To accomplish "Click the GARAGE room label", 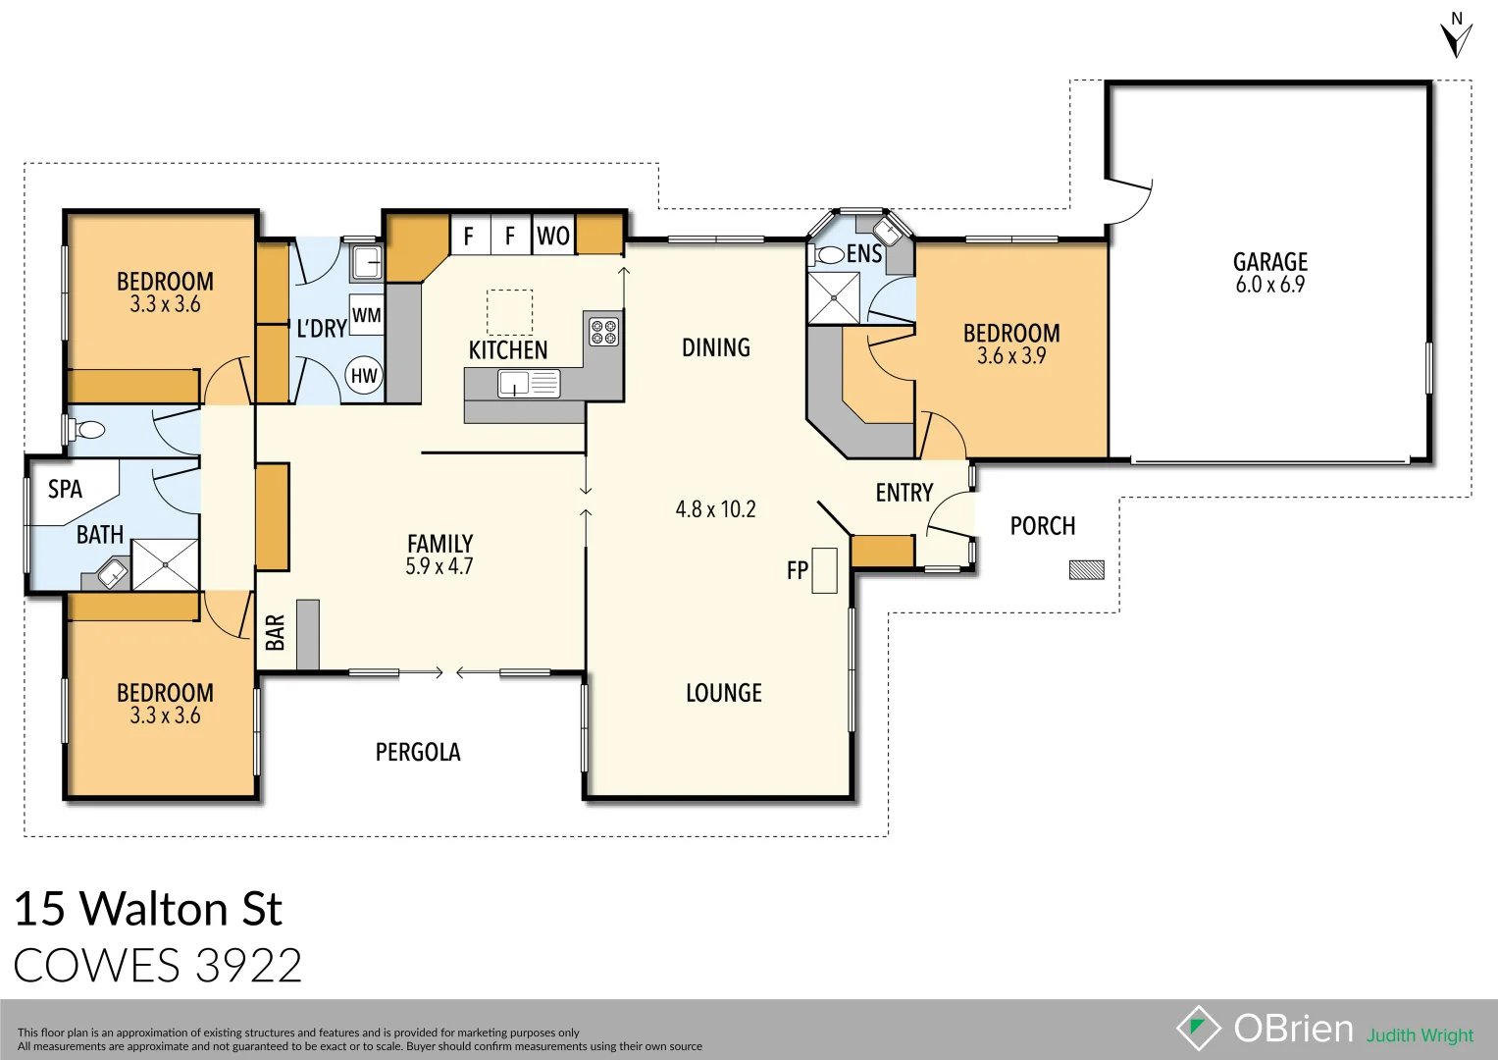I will pos(1269,262).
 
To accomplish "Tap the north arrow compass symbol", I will pos(1456,36).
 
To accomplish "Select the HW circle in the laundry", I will pos(364,375).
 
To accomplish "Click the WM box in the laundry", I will pos(366,315).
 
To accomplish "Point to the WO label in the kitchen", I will pos(552,236).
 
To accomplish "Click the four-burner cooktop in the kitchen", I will pos(603,331).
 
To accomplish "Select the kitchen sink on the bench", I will pos(528,384).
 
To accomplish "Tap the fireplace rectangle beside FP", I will pos(824,570).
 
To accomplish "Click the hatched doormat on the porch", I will pos(1086,569).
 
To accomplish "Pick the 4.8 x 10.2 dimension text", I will pos(715,509).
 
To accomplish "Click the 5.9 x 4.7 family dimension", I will pos(439,566).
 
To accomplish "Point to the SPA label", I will pos(65,489).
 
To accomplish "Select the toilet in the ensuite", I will pos(828,255).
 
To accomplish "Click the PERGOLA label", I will pos(418,752).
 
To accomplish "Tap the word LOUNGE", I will pos(723,693).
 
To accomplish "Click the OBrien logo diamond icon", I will pos(1198,1029).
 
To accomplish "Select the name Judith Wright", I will pos(1420,1035).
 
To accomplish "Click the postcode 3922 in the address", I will pos(248,966).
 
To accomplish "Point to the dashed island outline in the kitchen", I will pos(510,312).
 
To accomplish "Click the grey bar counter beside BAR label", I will pos(307,634).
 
